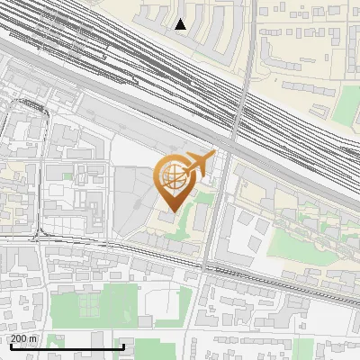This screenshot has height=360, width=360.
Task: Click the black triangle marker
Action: [181, 24]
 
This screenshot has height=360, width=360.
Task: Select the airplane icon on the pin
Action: [198, 164]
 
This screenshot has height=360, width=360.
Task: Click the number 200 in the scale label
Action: [19, 338]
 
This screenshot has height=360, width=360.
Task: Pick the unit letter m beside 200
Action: [33, 338]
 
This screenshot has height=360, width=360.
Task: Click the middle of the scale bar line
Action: [67, 347]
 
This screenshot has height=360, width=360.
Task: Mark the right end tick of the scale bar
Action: [123, 346]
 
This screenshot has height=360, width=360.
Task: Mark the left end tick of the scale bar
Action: [10, 346]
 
